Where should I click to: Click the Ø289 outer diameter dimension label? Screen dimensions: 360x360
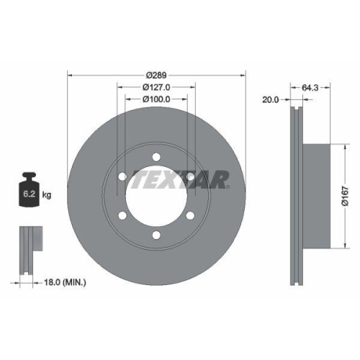(x=156, y=75)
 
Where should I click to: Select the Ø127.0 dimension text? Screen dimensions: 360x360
(x=156, y=86)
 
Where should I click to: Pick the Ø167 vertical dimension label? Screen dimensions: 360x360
(x=345, y=196)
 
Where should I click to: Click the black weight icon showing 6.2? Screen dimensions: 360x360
(x=29, y=192)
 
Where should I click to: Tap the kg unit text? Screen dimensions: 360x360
(x=48, y=194)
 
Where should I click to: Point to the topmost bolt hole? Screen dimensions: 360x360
(x=156, y=156)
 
